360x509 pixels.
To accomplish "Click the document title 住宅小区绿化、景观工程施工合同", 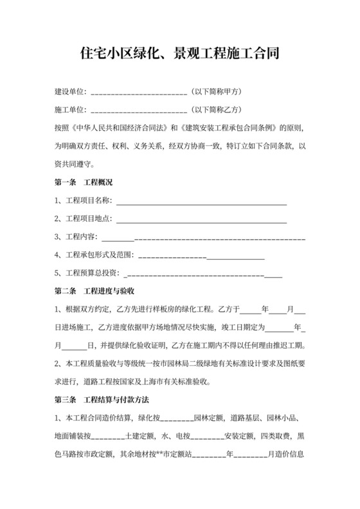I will pyautogui.click(x=179, y=53).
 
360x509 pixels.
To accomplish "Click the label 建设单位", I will pyautogui.click(x=71, y=91).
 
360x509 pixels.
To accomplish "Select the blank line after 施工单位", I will pyautogui.click(x=139, y=110).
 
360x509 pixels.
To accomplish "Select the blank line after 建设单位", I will pyautogui.click(x=139, y=92).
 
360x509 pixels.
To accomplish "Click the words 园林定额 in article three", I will pyautogui.click(x=209, y=418).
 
